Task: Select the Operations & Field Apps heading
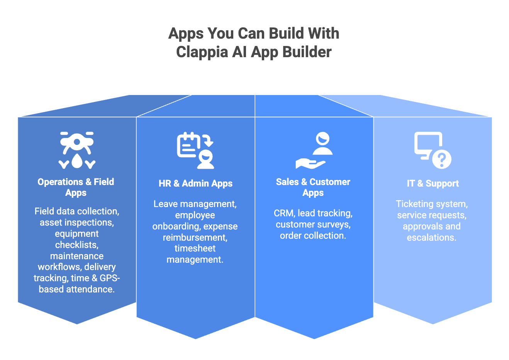click(76, 187)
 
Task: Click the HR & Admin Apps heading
click(195, 183)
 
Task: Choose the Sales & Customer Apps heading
click(313, 187)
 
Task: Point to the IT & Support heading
click(433, 183)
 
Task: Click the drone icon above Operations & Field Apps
click(77, 150)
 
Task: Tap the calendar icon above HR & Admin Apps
click(189, 145)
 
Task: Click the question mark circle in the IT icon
click(442, 159)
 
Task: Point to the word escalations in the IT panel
click(431, 238)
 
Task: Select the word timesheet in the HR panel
click(195, 248)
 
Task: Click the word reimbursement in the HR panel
click(195, 237)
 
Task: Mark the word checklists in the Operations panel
click(77, 245)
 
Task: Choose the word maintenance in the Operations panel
click(77, 256)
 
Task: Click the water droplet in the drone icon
click(77, 161)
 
